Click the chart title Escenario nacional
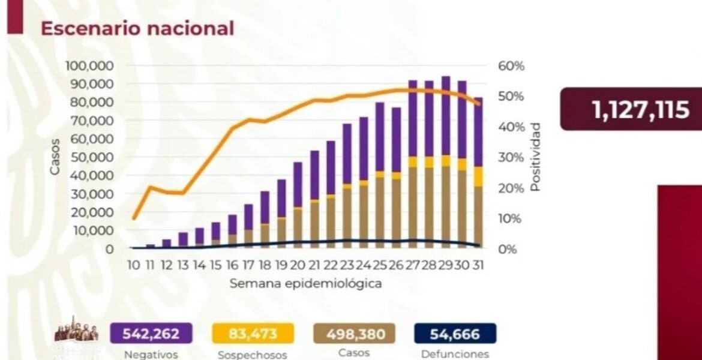click(136, 28)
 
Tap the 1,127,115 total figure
click(640, 110)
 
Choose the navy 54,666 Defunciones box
click(455, 333)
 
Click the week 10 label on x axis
click(134, 264)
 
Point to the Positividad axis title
click(535, 157)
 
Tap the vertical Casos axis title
click(55, 157)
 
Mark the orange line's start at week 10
click(134, 218)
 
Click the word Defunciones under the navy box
click(455, 354)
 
